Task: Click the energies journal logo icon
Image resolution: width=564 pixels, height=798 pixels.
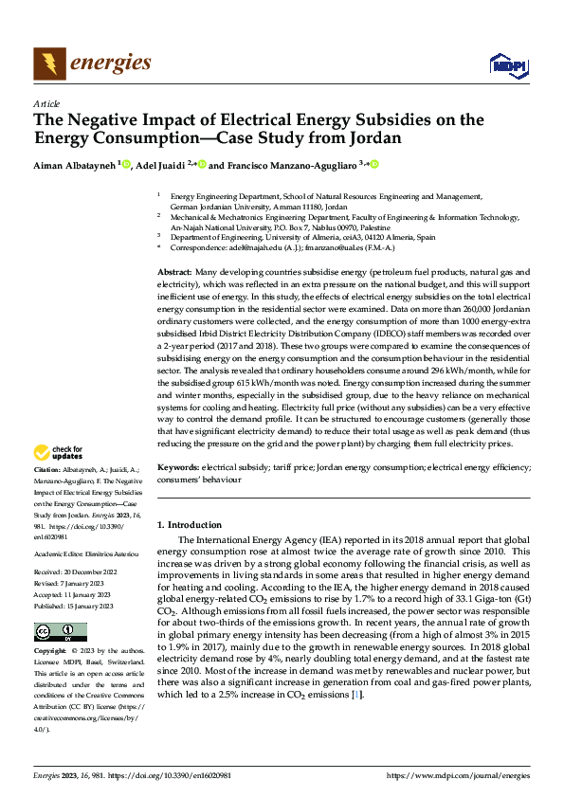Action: pyautogui.click(x=48, y=63)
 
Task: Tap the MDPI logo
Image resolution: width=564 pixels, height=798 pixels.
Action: pyautogui.click(x=507, y=64)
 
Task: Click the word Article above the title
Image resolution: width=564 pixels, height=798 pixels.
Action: pyautogui.click(x=45, y=103)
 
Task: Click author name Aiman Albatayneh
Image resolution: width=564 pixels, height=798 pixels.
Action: pyautogui.click(x=75, y=165)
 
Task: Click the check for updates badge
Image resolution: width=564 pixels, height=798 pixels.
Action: pyautogui.click(x=59, y=453)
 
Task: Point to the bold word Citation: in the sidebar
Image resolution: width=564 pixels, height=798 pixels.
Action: pyautogui.click(x=48, y=469)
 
